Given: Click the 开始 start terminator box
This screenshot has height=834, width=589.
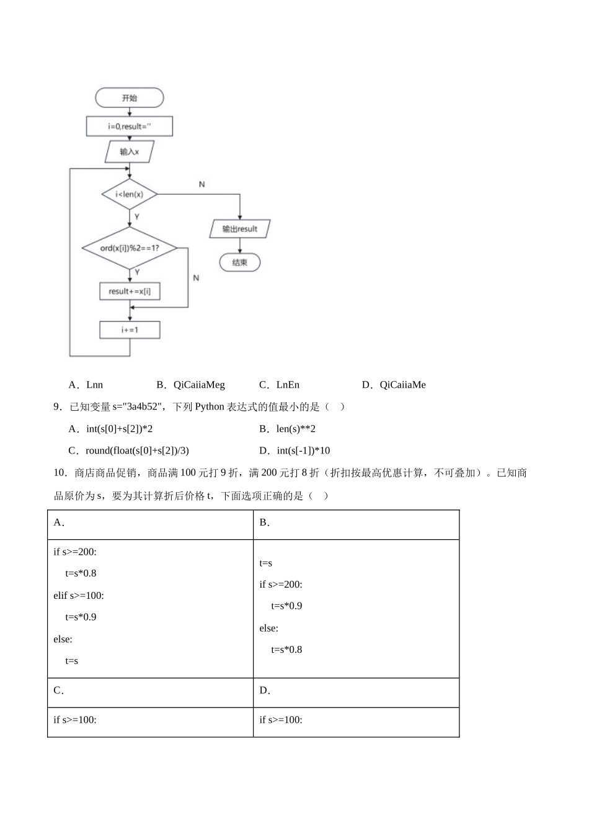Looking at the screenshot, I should (x=129, y=98).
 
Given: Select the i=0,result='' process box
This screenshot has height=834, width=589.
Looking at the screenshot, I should (x=129, y=127).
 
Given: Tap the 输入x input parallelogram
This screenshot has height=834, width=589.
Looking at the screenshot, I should (x=129, y=151).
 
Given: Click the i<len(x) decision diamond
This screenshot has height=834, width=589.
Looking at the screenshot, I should (x=129, y=194).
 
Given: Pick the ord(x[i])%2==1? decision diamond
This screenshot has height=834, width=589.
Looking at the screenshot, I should (x=129, y=248).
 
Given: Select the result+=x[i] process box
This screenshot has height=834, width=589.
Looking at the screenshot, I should (x=130, y=291).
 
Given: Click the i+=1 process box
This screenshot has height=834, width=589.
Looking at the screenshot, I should (x=130, y=330).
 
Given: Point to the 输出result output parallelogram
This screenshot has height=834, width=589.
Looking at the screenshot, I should (x=240, y=229).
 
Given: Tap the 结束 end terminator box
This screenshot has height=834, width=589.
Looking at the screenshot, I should (x=240, y=262).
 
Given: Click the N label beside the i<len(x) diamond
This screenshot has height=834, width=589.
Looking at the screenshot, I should (x=201, y=184).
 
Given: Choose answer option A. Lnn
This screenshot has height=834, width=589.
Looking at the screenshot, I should (x=86, y=385).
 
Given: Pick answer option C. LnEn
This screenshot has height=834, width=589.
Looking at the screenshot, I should (x=280, y=385).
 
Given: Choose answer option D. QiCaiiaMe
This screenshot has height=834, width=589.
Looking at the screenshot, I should (x=394, y=385).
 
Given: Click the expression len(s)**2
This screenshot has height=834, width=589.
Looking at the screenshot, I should (x=296, y=429).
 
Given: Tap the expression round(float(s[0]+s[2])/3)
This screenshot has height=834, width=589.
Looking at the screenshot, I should (x=137, y=451).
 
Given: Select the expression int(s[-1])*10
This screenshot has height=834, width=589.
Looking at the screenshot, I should (x=303, y=451).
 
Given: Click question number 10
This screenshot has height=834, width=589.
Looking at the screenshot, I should (x=60, y=473).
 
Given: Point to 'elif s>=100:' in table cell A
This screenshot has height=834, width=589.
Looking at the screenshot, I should (x=79, y=595).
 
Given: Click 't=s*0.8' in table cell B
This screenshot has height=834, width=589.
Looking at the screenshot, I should (x=286, y=650).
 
